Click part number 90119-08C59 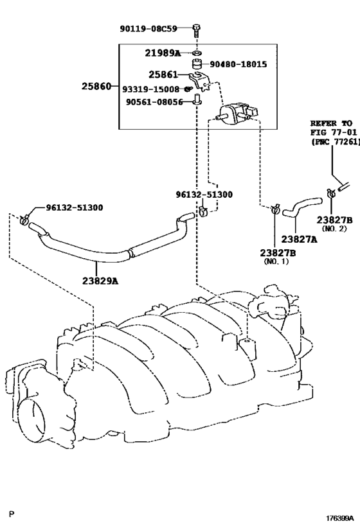click(x=148, y=29)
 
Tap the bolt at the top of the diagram click(x=197, y=30)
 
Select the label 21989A click(x=163, y=53)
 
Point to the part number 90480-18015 click(x=239, y=64)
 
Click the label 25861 click(x=163, y=75)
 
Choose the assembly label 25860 click(x=96, y=86)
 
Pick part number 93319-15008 click(x=151, y=89)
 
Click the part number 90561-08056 click(x=154, y=101)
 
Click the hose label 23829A click(x=100, y=281)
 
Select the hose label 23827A click(x=299, y=239)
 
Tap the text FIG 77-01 click(x=333, y=132)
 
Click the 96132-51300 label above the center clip click(x=204, y=195)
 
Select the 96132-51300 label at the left click(x=75, y=207)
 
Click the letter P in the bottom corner click(x=12, y=514)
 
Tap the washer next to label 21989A click(x=197, y=53)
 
